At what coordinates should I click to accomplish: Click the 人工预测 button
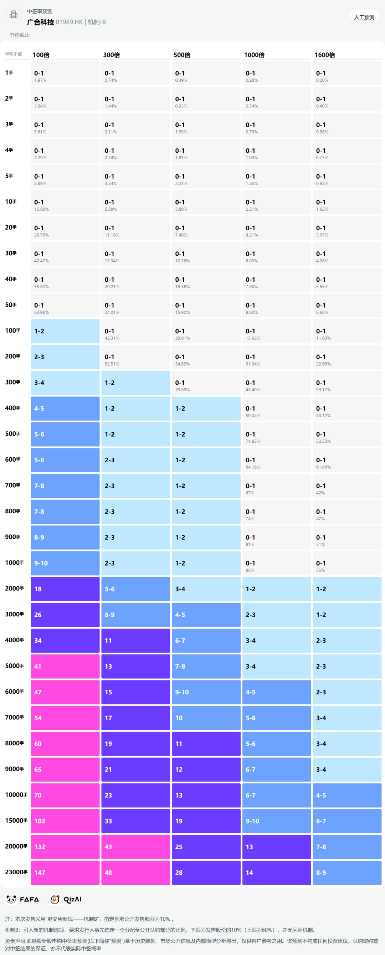[364, 17]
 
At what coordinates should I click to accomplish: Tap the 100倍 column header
[41, 55]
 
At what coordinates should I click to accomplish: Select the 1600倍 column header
[325, 55]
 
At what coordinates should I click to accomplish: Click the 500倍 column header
[182, 55]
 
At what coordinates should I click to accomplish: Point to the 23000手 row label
[16, 872]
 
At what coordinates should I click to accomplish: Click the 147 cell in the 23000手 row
[65, 872]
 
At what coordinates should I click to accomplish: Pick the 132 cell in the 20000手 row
[65, 847]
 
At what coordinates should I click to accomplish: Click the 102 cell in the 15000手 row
[65, 821]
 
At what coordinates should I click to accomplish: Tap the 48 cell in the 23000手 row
[135, 872]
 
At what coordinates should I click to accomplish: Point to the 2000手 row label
[14, 588]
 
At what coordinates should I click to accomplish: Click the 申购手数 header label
[14, 54]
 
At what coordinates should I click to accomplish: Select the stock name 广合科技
[40, 22]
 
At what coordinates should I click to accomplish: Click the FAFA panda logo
[11, 899]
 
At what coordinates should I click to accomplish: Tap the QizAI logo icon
[55, 899]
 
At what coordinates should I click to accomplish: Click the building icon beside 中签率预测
[13, 14]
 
